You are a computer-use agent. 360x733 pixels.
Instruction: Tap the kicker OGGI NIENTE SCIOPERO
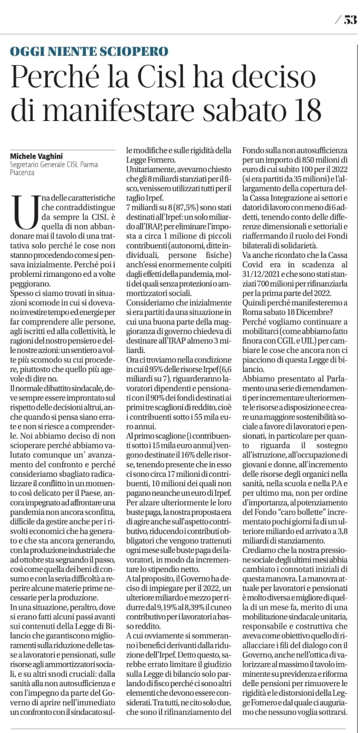pyautogui.click(x=89, y=52)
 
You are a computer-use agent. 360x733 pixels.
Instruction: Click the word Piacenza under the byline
pyautogui.click(x=22, y=172)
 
